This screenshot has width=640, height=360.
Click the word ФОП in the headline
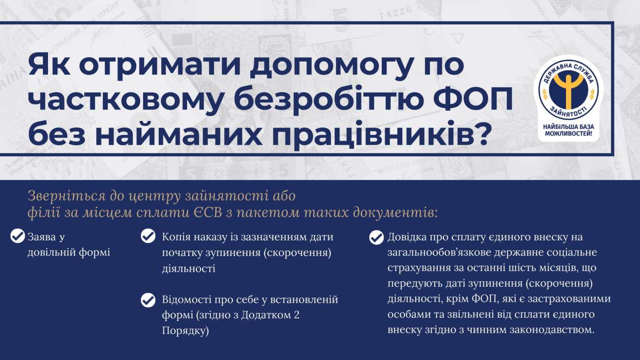coord(473,98)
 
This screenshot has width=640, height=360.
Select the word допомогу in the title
coord(331,65)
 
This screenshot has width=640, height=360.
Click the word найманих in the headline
coord(178,133)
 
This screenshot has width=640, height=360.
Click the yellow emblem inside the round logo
coord(568,89)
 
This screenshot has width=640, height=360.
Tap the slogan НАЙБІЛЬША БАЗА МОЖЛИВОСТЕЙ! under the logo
coord(569,130)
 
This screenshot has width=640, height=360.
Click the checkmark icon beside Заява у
coord(17,236)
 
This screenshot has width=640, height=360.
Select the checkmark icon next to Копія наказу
coord(148,236)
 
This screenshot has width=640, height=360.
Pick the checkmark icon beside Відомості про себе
coord(148,300)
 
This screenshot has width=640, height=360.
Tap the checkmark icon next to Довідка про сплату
coord(376,238)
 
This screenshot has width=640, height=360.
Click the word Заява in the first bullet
coord(41,237)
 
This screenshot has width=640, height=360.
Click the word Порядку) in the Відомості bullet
coord(185,331)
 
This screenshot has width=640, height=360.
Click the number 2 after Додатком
coord(296,315)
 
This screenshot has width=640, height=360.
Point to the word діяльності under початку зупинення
coord(188,268)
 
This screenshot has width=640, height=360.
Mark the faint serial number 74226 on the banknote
coord(396,13)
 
